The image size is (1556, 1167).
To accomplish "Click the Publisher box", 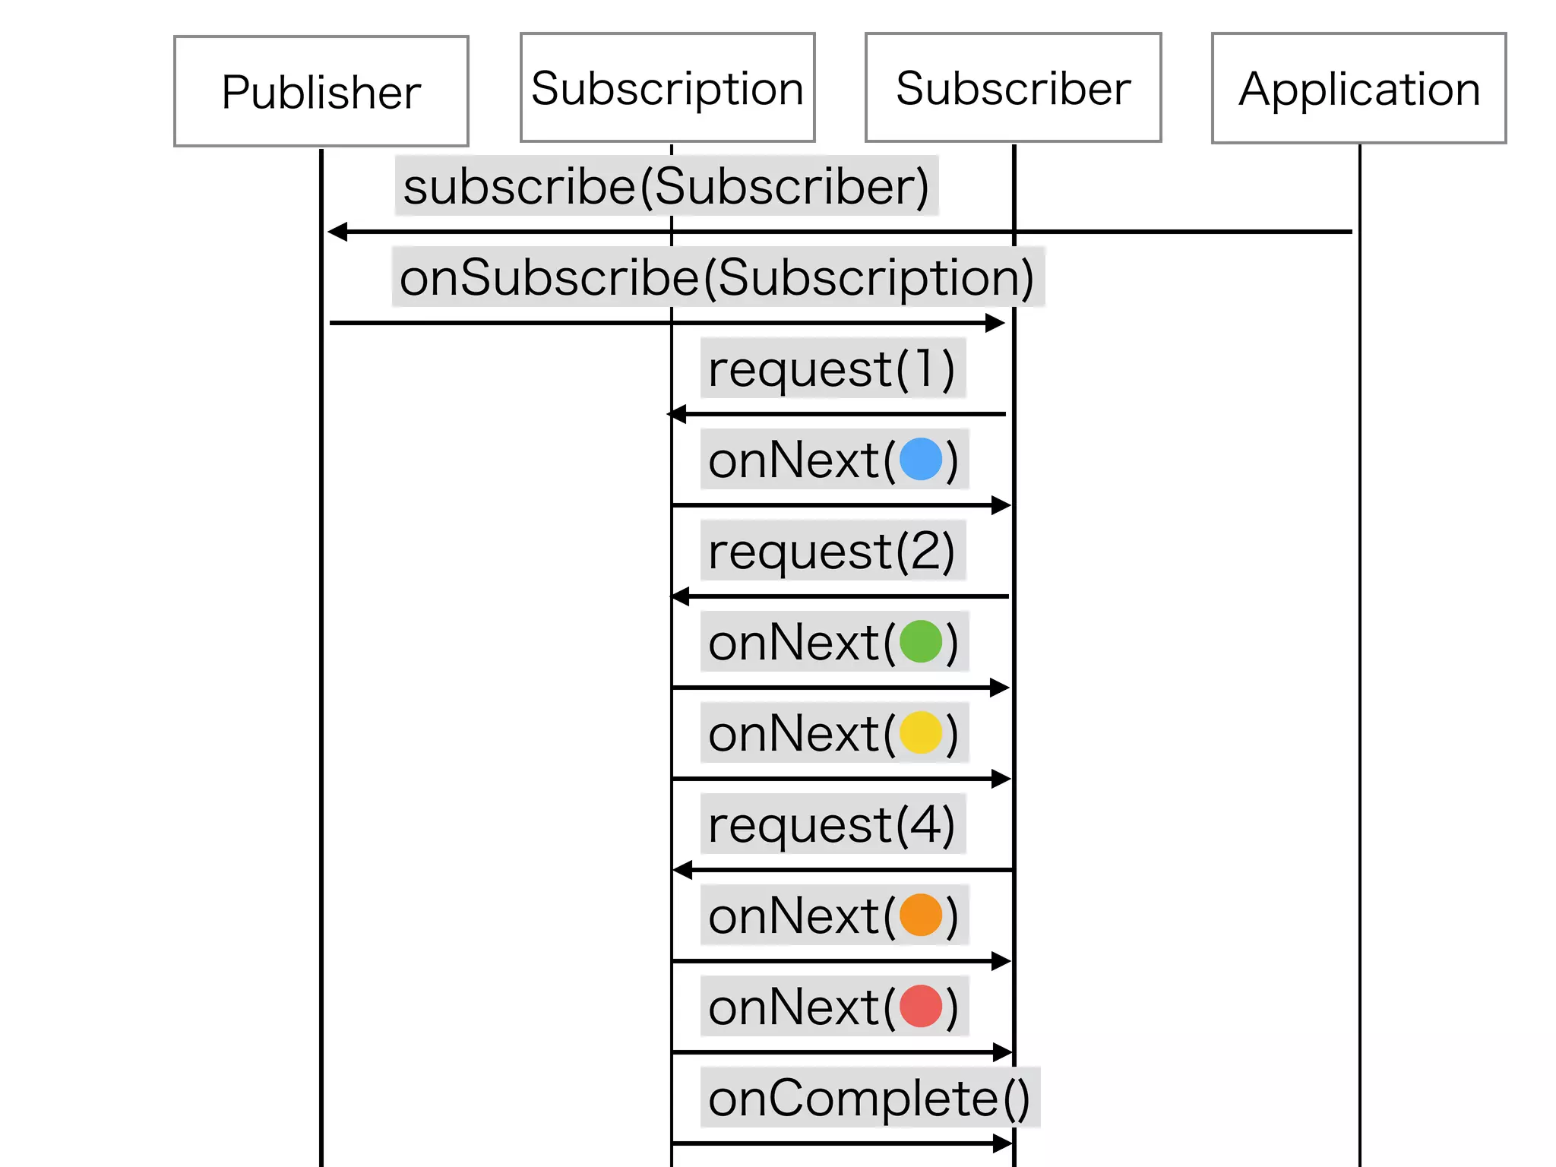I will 321,91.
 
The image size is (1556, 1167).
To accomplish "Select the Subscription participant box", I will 667,88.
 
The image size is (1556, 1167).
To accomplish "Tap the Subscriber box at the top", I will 1013,88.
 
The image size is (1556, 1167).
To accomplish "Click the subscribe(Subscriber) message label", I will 666,187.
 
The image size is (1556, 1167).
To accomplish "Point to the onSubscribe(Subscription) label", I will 717,277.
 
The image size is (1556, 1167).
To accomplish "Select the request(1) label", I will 832,369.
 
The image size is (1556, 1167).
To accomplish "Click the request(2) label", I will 832,552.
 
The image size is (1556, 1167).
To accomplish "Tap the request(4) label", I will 832,825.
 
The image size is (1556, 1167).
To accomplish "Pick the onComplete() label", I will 869,1099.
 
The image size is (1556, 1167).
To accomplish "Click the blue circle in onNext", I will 921,460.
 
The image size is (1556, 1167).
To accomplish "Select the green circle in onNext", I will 921,642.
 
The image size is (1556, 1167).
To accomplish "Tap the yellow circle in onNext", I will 921,733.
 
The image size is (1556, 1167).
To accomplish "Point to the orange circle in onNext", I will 921,916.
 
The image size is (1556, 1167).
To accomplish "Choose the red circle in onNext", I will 921,1007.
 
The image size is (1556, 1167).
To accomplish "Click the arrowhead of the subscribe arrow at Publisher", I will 337,232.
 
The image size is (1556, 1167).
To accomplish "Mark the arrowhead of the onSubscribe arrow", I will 995,323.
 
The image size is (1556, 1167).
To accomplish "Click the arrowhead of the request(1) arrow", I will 677,414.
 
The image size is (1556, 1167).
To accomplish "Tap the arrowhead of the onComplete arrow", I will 1003,1143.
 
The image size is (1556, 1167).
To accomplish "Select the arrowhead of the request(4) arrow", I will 682,870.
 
